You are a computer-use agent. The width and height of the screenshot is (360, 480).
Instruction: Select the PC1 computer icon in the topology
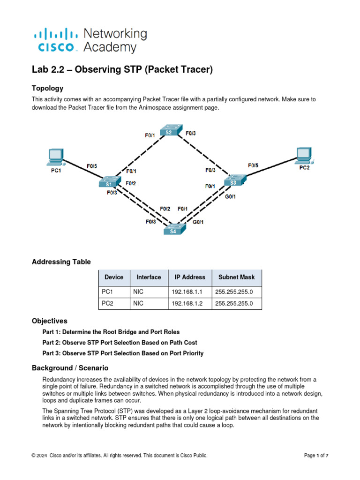point(56,157)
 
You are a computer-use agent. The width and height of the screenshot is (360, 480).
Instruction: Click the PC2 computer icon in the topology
point(304,154)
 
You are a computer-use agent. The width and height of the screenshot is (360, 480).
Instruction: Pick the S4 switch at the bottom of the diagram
point(173,230)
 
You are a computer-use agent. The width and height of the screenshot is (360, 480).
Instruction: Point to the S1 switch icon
point(110,182)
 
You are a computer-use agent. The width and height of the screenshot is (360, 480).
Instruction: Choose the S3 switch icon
point(233,180)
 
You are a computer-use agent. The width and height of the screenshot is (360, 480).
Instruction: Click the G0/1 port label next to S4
point(198,222)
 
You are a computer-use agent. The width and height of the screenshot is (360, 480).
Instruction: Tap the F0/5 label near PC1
point(92,166)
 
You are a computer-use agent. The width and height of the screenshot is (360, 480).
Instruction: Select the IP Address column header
point(190,277)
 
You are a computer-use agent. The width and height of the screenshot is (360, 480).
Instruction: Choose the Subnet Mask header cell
point(237,277)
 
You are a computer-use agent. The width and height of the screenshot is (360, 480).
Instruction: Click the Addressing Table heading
point(61,262)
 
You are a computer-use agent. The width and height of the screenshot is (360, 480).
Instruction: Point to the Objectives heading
point(49,321)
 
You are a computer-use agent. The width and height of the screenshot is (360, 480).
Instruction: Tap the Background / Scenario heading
point(70,368)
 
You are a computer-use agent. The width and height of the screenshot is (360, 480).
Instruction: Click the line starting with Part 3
point(123,353)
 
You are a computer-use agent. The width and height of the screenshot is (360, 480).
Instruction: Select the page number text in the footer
point(316,455)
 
